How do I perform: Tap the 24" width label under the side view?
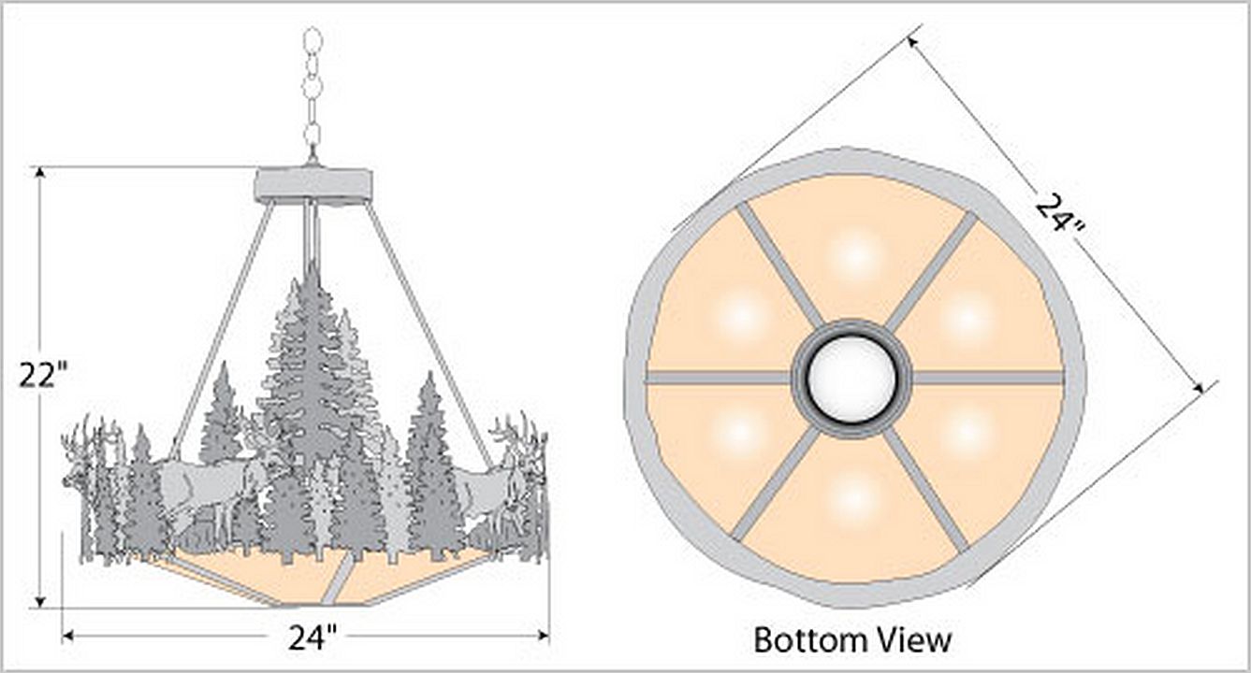[313, 637]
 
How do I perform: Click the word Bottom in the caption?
[811, 640]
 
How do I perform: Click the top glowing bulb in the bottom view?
[855, 255]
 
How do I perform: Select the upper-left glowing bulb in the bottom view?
[742, 318]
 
